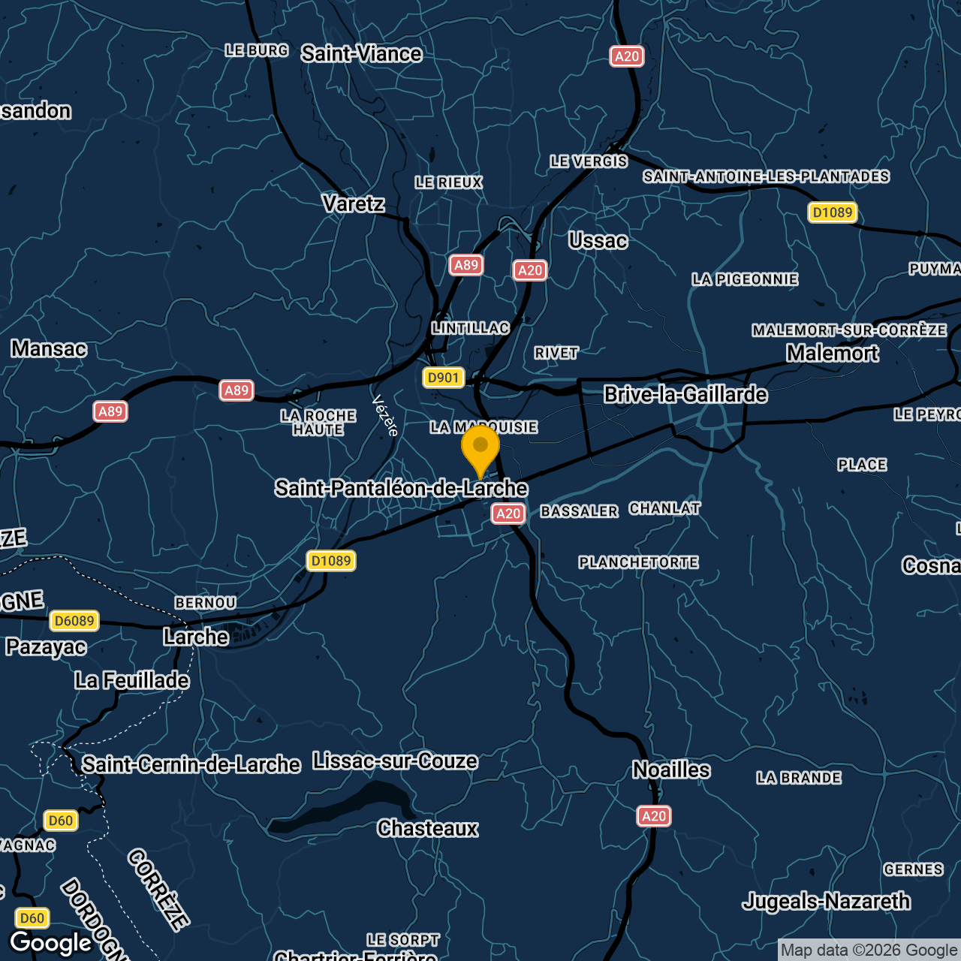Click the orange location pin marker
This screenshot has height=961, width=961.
(480, 448)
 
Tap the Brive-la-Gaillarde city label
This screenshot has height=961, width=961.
(685, 394)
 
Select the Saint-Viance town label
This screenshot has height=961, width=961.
(361, 54)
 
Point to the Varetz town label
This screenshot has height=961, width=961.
(353, 203)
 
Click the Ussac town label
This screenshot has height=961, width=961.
(598, 241)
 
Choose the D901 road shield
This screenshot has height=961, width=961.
(443, 378)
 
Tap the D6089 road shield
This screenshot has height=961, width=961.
(74, 621)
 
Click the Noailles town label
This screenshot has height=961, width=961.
(671, 770)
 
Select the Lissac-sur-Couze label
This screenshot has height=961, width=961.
(395, 761)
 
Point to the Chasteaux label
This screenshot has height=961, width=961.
(428, 828)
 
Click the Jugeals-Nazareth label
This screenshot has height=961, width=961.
(826, 901)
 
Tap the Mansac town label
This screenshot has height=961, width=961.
(49, 348)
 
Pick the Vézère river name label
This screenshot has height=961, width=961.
(385, 415)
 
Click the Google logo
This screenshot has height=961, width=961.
(51, 943)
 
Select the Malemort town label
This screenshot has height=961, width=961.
(832, 353)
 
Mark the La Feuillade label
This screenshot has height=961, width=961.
(132, 680)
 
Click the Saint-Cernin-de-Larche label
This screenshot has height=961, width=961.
(191, 764)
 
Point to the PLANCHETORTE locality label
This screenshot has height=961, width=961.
(638, 562)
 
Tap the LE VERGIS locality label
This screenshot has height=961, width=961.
(589, 161)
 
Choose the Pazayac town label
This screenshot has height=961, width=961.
(46, 646)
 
